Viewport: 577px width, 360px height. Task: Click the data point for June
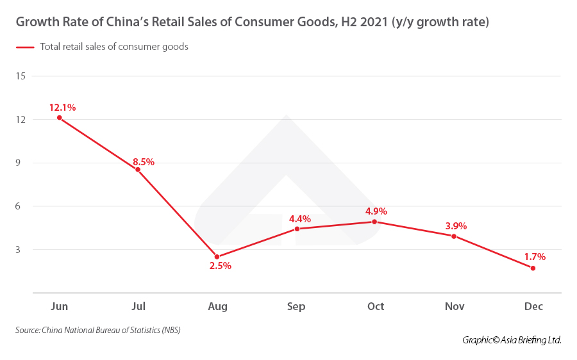(x=59, y=118)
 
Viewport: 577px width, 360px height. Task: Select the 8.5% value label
(x=144, y=162)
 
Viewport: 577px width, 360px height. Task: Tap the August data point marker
(x=217, y=257)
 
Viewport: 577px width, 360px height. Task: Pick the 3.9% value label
(x=456, y=226)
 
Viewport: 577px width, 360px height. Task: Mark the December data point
(x=533, y=268)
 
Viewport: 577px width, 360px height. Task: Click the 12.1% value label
(x=63, y=108)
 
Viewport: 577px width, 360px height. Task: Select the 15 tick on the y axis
(x=21, y=76)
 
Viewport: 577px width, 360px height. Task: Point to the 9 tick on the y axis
(x=21, y=163)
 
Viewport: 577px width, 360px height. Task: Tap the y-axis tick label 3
(x=21, y=250)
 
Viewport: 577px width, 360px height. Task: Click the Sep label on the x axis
(x=296, y=307)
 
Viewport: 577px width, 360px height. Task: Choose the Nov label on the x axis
(x=455, y=307)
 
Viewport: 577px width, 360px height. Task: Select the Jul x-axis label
(x=138, y=307)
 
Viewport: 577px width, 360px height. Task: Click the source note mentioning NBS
(x=98, y=331)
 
